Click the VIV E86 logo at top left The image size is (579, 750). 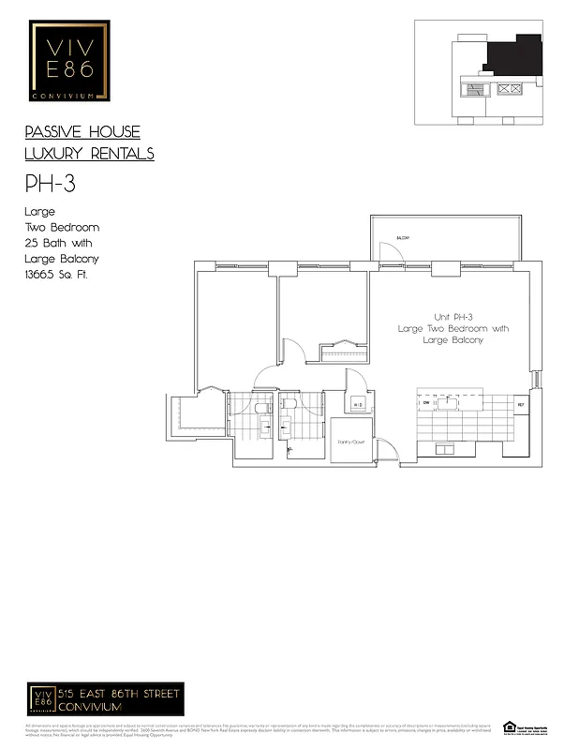(x=70, y=61)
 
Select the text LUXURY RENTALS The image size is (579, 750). (x=89, y=154)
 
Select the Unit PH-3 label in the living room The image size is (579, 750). (x=453, y=317)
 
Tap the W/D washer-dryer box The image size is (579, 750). (x=358, y=404)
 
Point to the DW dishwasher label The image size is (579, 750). (x=425, y=404)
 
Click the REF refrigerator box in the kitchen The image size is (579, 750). (x=521, y=404)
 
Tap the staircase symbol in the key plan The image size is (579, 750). (x=475, y=89)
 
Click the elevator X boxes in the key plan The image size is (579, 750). (x=511, y=89)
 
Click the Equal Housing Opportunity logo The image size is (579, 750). (x=510, y=727)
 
